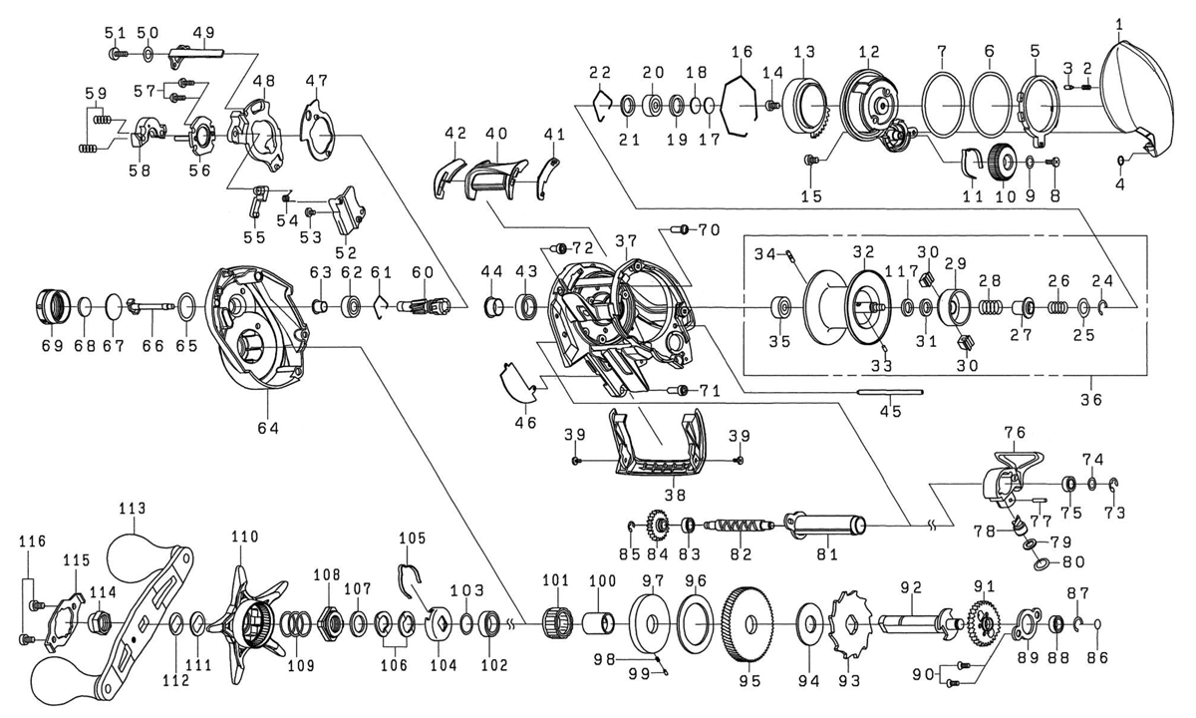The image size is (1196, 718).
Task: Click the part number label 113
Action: [x=133, y=508]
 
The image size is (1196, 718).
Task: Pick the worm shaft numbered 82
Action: [x=740, y=526]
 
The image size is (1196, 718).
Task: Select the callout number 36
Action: [x=1090, y=400]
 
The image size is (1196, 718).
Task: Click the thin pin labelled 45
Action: [x=889, y=392]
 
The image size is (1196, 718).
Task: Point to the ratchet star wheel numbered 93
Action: [x=850, y=623]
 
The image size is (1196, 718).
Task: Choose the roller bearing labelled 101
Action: [x=557, y=623]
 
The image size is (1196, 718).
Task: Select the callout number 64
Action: [x=268, y=428]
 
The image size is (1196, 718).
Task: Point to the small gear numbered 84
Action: [x=659, y=527]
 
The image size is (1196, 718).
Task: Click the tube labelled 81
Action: [x=825, y=524]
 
